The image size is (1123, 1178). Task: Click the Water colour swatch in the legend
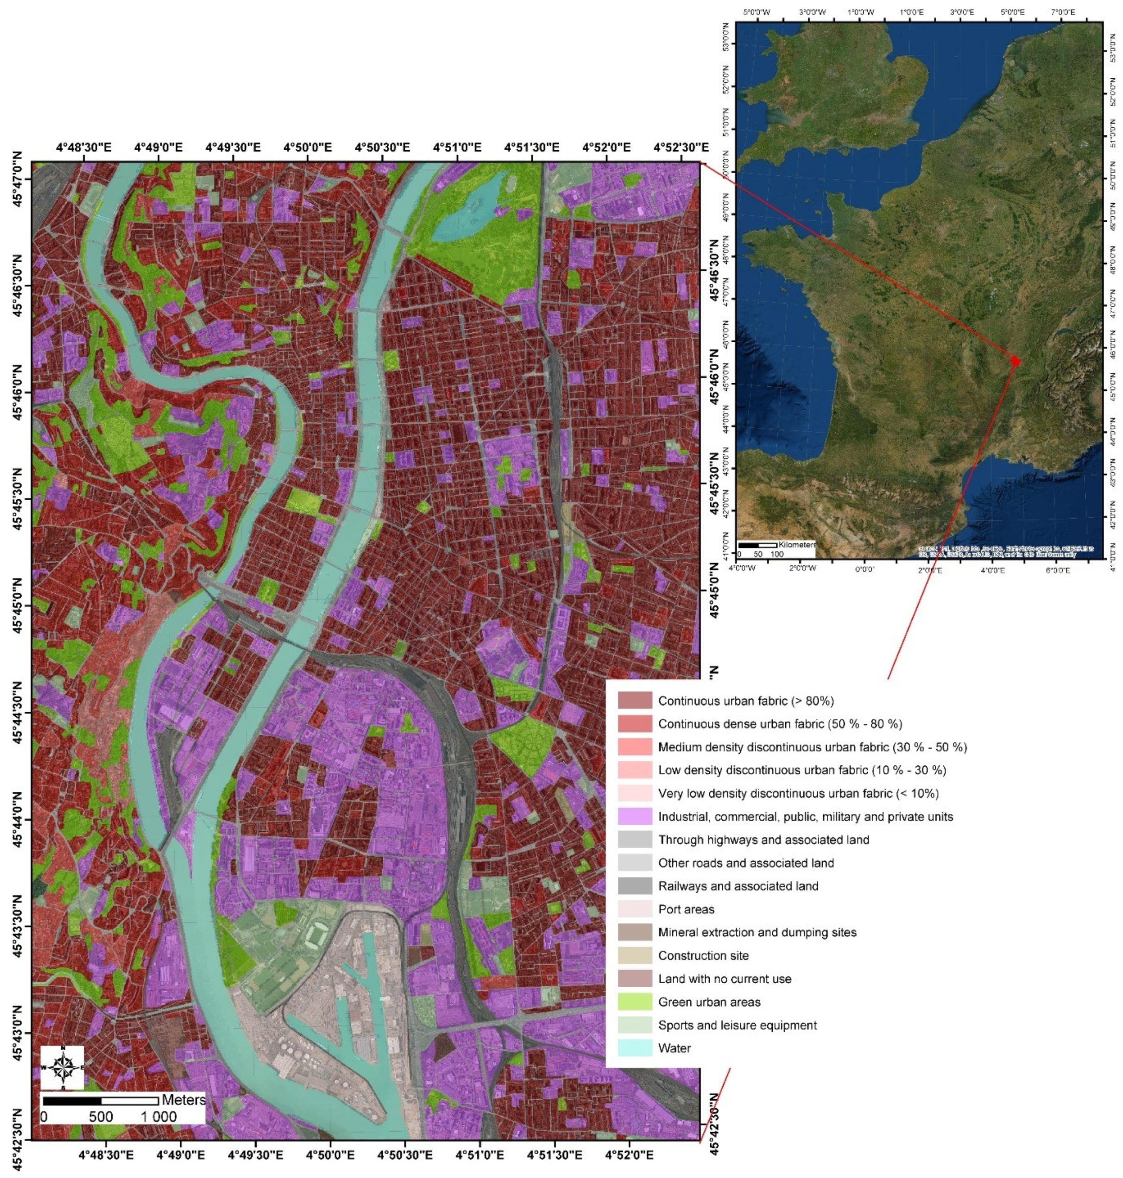pos(635,1048)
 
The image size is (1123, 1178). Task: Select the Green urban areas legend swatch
pos(635,1002)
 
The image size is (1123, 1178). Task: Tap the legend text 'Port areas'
pos(686,909)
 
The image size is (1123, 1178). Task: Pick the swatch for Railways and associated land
pos(635,886)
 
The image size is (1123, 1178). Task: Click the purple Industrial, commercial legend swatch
pos(635,817)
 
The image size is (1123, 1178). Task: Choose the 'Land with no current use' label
pos(724,979)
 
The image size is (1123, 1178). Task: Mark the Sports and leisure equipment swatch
pos(635,1025)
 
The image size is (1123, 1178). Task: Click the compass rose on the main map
pos(62,1067)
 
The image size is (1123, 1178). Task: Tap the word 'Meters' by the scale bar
pos(183,1100)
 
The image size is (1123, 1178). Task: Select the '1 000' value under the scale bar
pos(158,1116)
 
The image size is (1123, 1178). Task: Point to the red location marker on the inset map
pos(1015,361)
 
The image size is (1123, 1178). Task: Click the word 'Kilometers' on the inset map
pos(797,545)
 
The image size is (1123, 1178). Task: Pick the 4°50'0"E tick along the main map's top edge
pos(307,148)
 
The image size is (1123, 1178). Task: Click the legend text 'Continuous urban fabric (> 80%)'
pos(746,701)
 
